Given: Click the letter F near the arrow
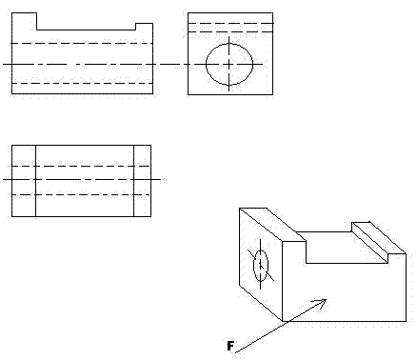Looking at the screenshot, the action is (228, 345).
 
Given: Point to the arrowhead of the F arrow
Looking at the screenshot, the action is (325, 301).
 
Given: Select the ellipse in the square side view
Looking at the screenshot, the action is (229, 63).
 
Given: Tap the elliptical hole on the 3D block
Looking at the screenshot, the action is (261, 266).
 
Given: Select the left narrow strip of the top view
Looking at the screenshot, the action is (23, 180).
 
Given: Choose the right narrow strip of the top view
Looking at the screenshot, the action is (142, 180).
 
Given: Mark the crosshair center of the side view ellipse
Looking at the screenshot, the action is (229, 63).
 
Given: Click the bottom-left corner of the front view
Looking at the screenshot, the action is (10, 93).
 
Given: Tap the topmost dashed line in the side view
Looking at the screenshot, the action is (230, 22).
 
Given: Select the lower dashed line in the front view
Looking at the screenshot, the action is (81, 83).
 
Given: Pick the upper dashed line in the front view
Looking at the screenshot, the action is (81, 44).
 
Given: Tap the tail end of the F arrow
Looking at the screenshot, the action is (236, 352).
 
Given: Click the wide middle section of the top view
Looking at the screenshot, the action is (84, 180).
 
